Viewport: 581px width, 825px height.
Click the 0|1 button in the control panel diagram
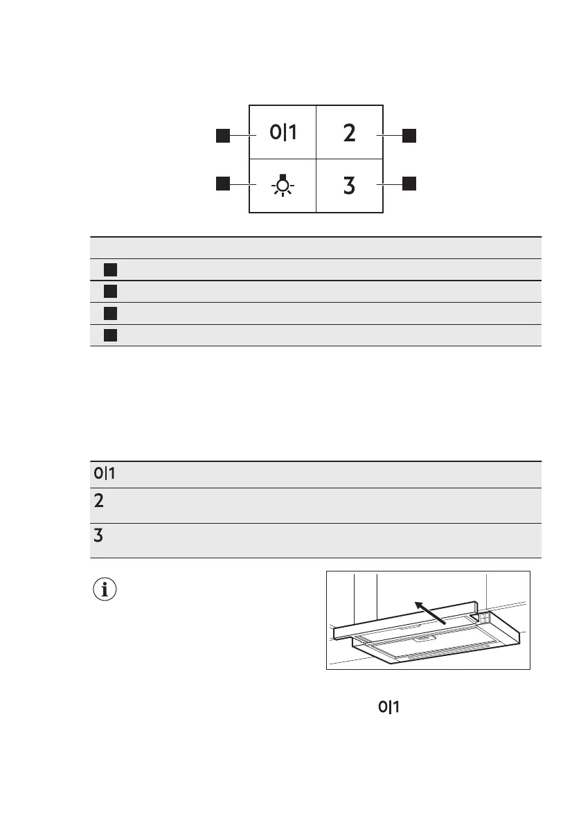pos(283,132)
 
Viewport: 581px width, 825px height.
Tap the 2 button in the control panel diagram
pos(350,133)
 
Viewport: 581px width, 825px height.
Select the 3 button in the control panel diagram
pos(350,186)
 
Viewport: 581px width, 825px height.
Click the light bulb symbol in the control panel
pos(283,186)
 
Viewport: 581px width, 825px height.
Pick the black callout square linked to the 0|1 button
pos(222,135)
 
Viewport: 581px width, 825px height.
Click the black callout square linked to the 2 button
pos(410,135)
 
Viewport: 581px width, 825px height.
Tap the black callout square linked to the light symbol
pos(222,184)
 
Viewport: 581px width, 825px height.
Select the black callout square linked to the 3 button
pos(410,184)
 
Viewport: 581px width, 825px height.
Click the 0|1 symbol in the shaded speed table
pos(104,474)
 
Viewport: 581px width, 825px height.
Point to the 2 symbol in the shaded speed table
pos(99,501)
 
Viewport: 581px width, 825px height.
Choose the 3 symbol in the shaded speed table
pos(99,535)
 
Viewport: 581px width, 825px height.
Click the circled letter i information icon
pos(105,591)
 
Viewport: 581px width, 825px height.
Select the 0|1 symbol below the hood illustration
pos(388,707)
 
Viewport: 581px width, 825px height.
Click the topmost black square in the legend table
pos(110,269)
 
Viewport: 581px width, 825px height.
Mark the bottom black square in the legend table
pos(110,335)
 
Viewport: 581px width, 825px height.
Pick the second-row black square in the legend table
pos(110,292)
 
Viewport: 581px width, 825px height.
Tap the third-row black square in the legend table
pos(110,313)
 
